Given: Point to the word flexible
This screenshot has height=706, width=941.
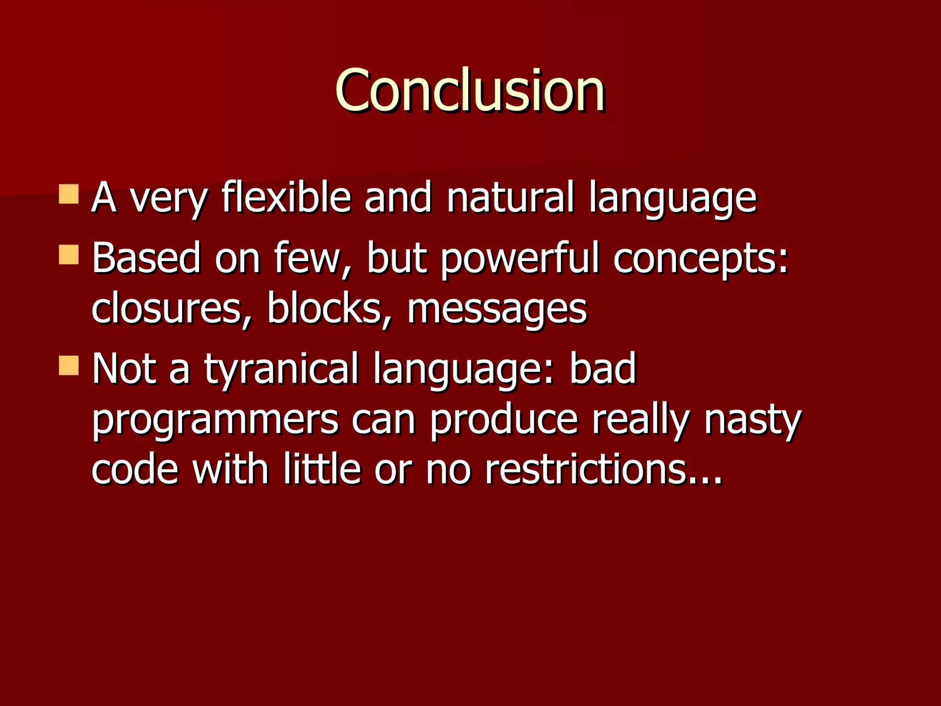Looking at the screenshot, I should tap(286, 198).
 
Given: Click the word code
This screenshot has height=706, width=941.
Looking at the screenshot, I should tap(135, 470).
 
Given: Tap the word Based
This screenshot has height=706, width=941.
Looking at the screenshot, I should tap(146, 258).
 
